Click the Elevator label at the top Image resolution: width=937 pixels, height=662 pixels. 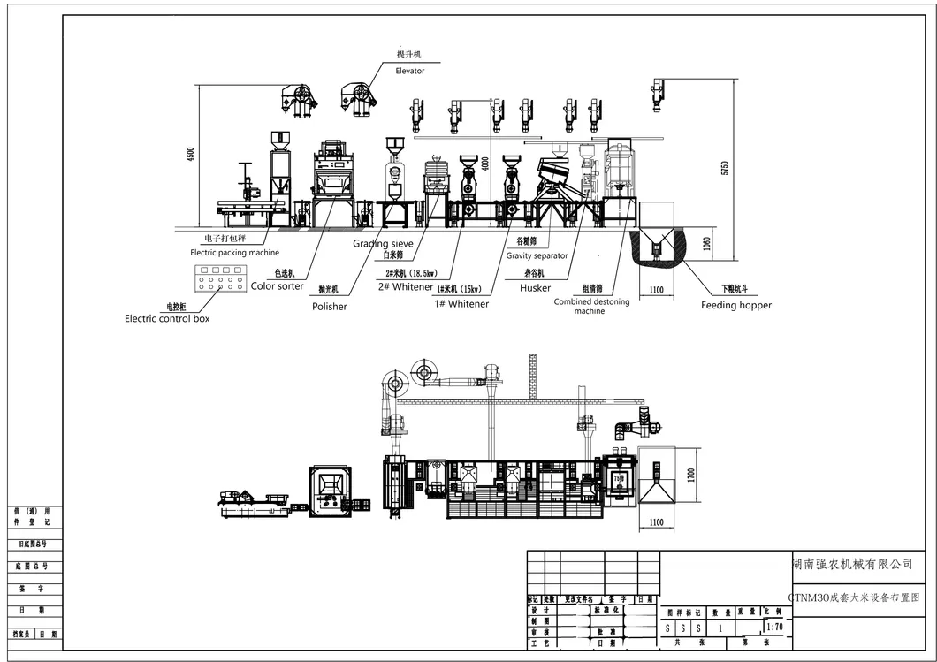coord(410,71)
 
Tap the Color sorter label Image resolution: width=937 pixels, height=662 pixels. coord(277,286)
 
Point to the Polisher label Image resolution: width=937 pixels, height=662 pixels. coord(329,307)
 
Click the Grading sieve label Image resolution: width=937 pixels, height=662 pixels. coord(383,243)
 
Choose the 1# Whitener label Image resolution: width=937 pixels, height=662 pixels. coord(461,304)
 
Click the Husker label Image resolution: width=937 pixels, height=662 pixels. coord(535,287)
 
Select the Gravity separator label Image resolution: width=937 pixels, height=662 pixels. coord(537,255)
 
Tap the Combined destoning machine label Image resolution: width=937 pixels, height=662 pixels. coord(591,306)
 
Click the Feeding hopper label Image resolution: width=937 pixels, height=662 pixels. coord(735,305)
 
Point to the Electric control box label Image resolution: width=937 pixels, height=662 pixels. coord(167,318)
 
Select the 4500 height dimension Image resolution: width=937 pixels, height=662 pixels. coord(189,154)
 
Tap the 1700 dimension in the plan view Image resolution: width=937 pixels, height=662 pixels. coord(691,475)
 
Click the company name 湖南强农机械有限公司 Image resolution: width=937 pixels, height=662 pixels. coord(851,564)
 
